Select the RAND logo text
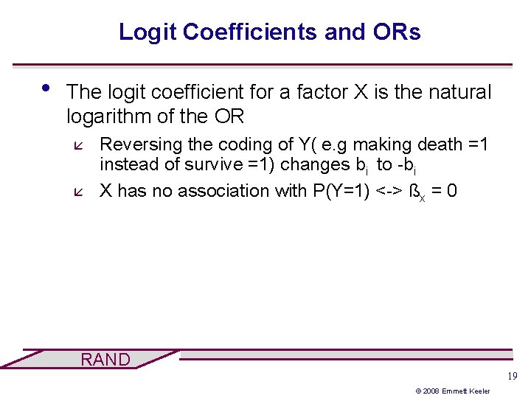(x=105, y=360)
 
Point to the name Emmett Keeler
(x=474, y=391)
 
